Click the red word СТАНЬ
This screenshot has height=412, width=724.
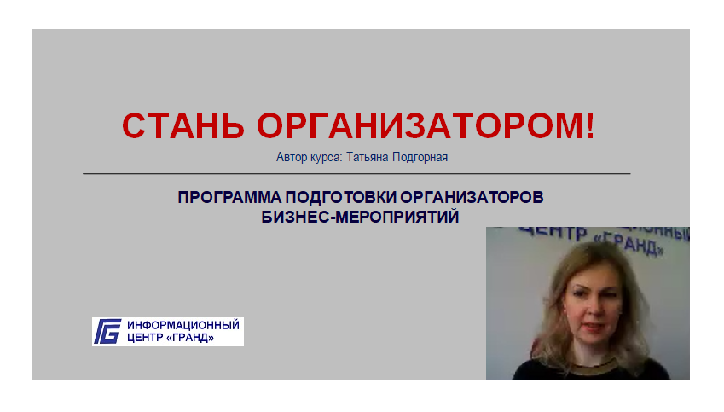tap(182, 125)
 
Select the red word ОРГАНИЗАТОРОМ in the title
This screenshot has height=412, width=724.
tap(418, 125)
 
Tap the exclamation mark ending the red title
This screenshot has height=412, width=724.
tap(589, 125)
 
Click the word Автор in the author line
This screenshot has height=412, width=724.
tap(292, 157)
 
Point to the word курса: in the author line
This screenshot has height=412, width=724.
tap(326, 158)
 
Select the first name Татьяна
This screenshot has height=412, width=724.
tap(368, 157)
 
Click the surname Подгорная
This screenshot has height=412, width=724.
tap(420, 158)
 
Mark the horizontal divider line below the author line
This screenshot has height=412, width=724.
tap(356, 174)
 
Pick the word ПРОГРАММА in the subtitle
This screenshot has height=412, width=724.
tap(229, 197)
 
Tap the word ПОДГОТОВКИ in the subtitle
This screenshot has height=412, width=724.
tap(341, 197)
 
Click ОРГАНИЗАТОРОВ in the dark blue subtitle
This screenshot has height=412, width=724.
tap(472, 197)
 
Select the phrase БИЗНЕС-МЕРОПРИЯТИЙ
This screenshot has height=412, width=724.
tap(360, 217)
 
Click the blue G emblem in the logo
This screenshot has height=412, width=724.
tap(107, 331)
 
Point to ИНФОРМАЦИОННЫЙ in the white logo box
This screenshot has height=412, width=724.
tap(183, 325)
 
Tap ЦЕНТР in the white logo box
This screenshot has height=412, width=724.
tap(144, 338)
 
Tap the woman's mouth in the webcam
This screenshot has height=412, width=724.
tap(592, 328)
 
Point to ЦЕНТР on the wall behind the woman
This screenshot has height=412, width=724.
tap(553, 232)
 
